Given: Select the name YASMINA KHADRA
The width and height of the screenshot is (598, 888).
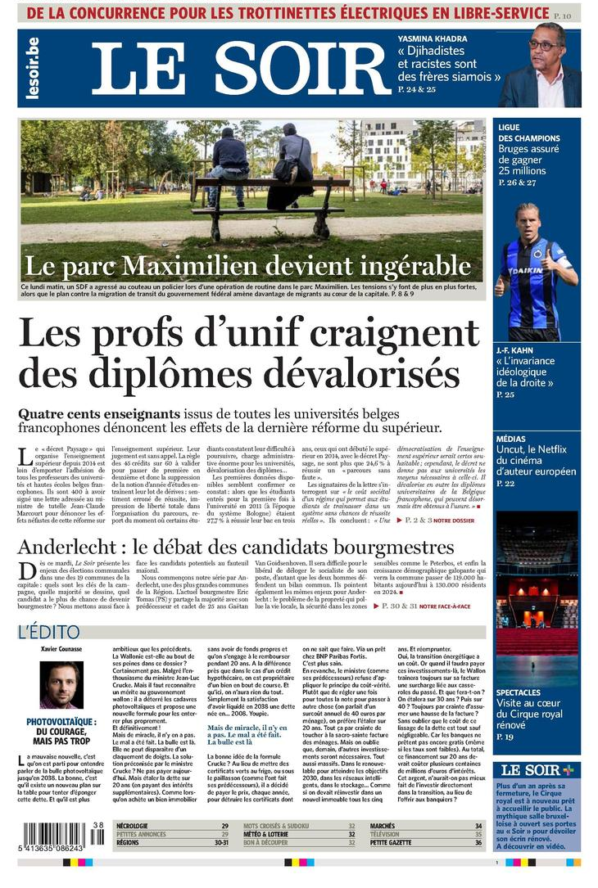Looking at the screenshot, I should point(433,39).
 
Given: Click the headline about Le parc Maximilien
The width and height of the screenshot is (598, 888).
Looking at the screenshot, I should point(248,266).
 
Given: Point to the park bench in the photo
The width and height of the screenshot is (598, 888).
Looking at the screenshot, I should point(270,196).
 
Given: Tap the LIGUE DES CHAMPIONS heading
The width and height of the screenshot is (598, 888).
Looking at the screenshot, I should point(528,133).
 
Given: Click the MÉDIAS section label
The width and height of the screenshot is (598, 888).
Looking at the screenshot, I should point(513,439).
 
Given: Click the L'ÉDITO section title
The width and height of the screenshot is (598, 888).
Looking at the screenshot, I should point(49,632).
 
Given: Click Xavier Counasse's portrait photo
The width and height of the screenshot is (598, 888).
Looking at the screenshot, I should point(61,684).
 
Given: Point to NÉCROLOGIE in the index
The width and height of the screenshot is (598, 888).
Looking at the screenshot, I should point(138,827).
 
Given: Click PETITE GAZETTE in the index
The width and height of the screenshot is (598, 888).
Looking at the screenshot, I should point(392,843).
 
